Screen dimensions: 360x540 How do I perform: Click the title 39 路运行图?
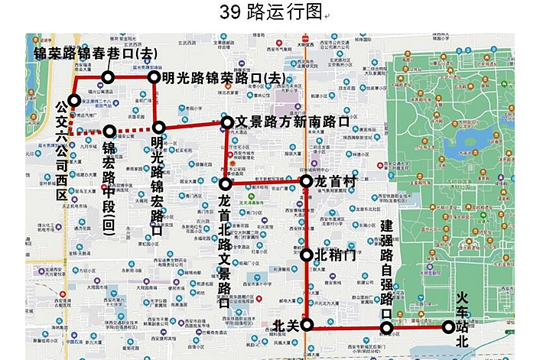pos(270,12)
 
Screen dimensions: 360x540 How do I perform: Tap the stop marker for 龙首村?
pos(306,182)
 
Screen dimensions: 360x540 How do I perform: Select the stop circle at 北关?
pos(307,326)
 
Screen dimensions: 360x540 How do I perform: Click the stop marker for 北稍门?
pos(307,255)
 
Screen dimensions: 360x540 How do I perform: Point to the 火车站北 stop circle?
pos(448,328)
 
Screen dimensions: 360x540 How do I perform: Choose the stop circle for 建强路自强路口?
pos(387,329)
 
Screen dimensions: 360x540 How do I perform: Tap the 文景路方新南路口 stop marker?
pos(227,122)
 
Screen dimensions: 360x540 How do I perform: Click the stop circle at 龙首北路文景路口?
pos(225,184)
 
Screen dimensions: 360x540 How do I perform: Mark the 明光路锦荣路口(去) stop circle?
pos(154,77)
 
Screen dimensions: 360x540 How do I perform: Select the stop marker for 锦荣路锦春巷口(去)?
pos(108,77)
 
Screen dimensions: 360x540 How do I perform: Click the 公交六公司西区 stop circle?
pos(74,100)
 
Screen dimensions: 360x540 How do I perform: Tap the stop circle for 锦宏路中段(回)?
pos(109,131)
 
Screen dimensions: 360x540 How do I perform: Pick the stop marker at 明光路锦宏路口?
pos(158,128)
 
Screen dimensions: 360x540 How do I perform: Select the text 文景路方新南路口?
pos(292,122)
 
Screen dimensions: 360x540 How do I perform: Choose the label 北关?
pos(285,326)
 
